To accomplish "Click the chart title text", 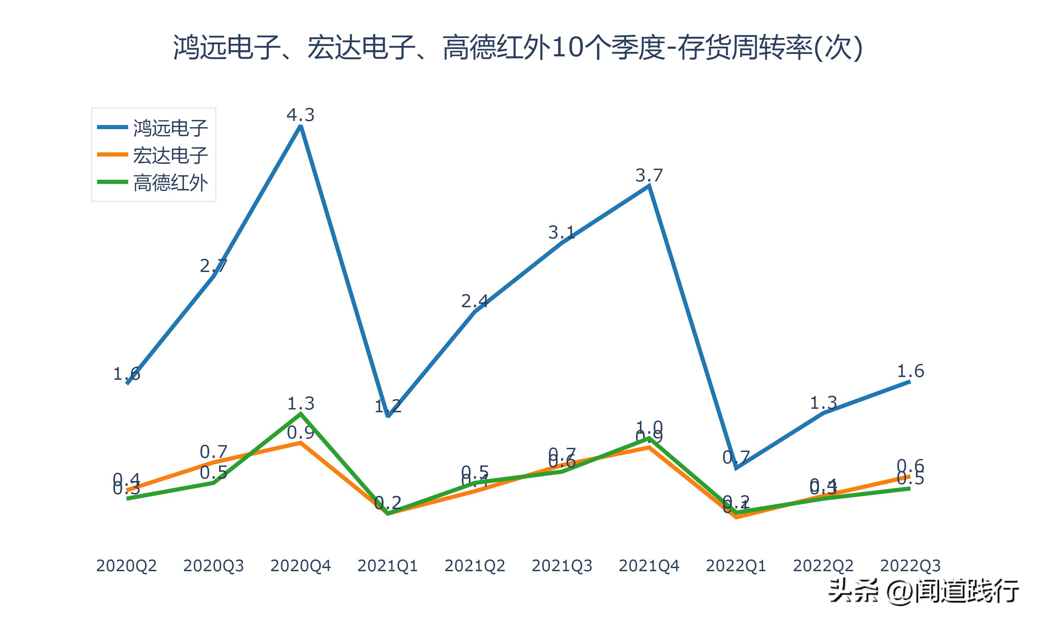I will (518, 47).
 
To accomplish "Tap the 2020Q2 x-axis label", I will (126, 566).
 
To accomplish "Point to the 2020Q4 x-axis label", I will (300, 566).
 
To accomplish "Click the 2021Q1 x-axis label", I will (388, 566).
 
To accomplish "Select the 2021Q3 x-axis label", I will (562, 566).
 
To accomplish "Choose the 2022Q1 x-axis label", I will (736, 566).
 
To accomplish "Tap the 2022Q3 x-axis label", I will (910, 566).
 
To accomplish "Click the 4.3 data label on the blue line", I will (300, 114).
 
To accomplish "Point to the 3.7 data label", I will (649, 175).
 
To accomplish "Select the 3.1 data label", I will (562, 232).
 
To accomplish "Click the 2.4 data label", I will (475, 301).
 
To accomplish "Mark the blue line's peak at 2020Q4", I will (300, 126).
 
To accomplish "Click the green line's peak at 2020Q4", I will (300, 414).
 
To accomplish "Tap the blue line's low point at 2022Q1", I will (736, 468).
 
